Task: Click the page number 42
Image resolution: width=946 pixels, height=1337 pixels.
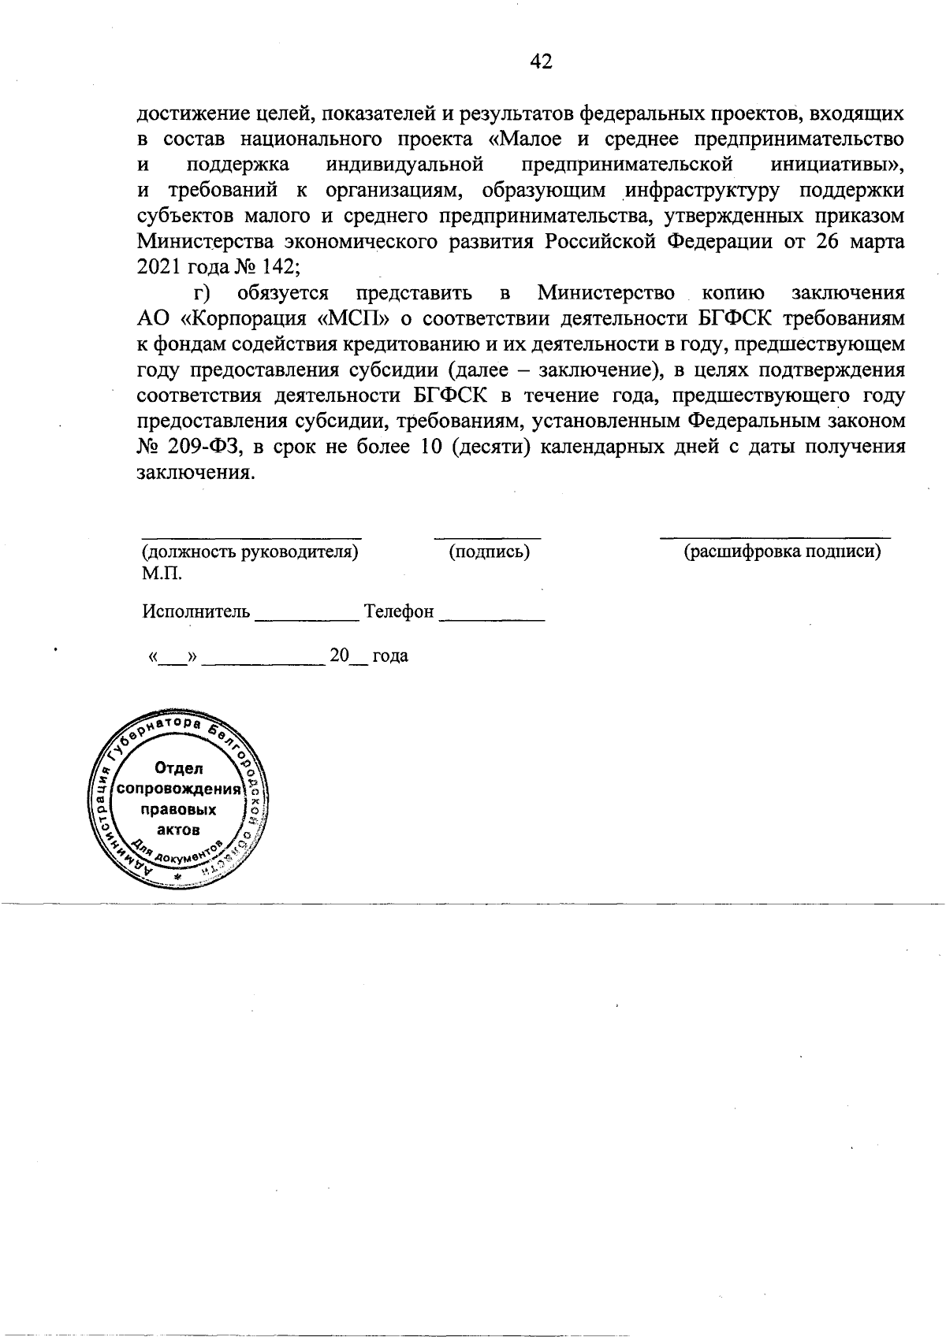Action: (x=541, y=61)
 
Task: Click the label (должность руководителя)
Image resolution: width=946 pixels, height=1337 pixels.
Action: (x=249, y=552)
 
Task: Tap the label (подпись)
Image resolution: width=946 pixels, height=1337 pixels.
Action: (x=489, y=552)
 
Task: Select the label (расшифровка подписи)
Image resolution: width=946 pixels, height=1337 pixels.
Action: (x=781, y=552)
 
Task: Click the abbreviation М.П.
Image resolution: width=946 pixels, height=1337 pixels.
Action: (x=161, y=574)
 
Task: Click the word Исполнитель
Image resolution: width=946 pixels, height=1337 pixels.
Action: (x=196, y=611)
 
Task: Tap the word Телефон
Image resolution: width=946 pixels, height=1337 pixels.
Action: (x=399, y=611)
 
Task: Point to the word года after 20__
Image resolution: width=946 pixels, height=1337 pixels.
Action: (x=389, y=656)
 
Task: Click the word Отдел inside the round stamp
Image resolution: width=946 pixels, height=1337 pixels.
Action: (x=180, y=768)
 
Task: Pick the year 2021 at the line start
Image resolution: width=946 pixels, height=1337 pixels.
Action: (x=159, y=266)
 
